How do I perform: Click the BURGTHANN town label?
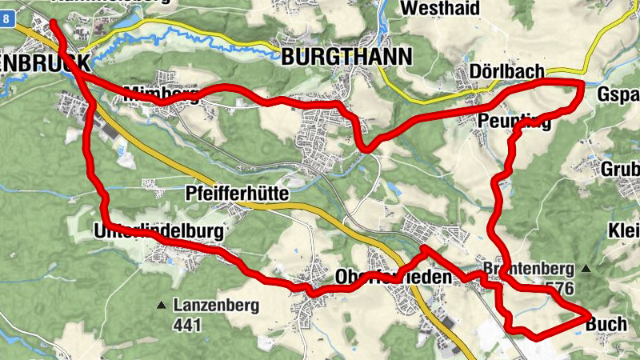tap(346, 57)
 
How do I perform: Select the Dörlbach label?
tap(508, 72)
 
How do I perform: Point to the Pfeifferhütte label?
tap(236, 194)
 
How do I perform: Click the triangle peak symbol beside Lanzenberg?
tap(162, 305)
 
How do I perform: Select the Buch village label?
tap(606, 324)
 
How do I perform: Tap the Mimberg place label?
tap(161, 94)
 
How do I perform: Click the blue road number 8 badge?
tap(7, 25)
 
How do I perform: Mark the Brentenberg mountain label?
tap(528, 267)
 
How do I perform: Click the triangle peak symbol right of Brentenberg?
tap(587, 268)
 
